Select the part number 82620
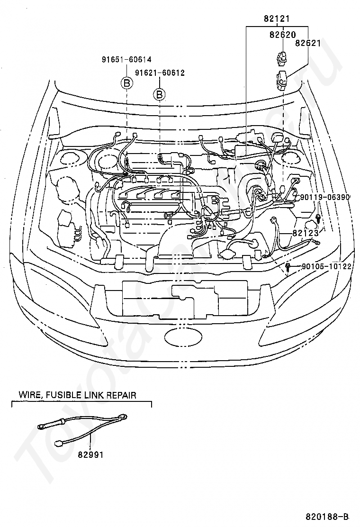(x=283, y=34)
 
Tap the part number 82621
(x=308, y=43)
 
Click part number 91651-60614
(x=126, y=60)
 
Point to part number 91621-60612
(x=160, y=73)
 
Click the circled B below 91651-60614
(x=127, y=83)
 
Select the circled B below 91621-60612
(x=160, y=95)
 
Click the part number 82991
(x=90, y=454)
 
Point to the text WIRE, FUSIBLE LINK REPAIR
(x=77, y=394)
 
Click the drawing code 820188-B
(x=327, y=516)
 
